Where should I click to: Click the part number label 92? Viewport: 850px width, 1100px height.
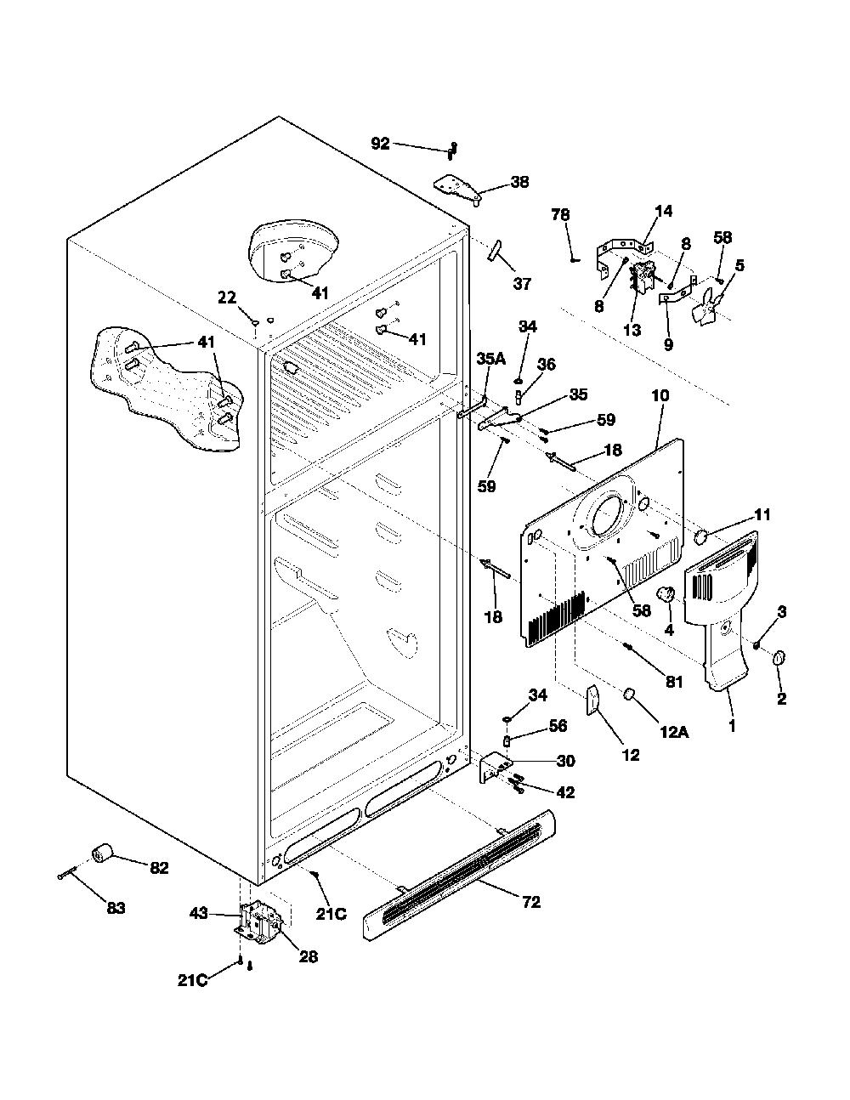point(381,144)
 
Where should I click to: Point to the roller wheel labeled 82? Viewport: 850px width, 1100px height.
point(103,855)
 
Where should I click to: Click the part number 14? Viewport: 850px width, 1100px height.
point(664,211)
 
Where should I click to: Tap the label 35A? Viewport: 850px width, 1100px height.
point(490,359)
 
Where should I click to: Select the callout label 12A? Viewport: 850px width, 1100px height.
point(674,732)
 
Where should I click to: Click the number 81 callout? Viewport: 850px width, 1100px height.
point(674,682)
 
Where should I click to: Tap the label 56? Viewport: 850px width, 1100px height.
point(558,725)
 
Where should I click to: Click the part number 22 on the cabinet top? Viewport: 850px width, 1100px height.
point(227,298)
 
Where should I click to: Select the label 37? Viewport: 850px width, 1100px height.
point(522,283)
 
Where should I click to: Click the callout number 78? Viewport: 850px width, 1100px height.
point(560,214)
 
